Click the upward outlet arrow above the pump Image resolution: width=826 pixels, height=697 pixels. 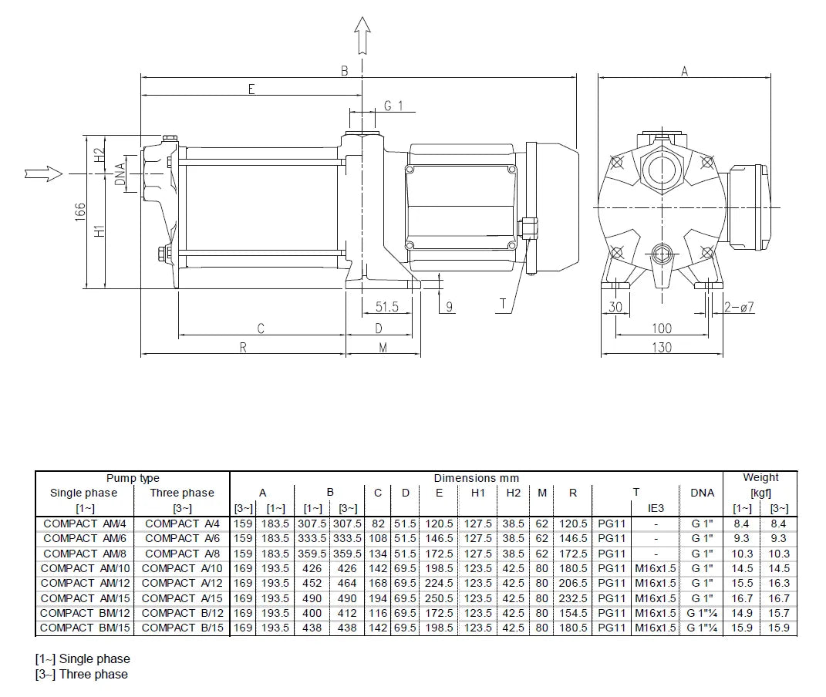coord(362,34)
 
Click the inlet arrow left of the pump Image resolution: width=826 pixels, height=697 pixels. coord(43,173)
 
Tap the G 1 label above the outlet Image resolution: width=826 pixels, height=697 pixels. coord(393,106)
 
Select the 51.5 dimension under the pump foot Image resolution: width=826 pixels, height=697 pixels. coord(386,307)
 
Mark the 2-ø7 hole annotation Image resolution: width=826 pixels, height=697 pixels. coord(739,307)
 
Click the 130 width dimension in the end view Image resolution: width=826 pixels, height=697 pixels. coord(661,347)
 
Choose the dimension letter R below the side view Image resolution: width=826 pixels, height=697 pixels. coord(243,348)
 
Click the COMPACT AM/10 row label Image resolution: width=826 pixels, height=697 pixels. coord(85,568)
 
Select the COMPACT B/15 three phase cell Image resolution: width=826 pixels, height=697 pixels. coord(181,628)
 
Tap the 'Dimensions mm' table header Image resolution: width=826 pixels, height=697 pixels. coord(476,478)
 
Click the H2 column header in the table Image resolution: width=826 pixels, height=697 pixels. coord(514,493)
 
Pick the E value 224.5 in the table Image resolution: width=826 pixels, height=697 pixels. coord(439,583)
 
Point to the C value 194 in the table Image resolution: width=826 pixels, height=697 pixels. coord(378,598)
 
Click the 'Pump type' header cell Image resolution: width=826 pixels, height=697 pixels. coord(133,478)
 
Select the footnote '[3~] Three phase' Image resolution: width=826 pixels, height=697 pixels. coord(82,674)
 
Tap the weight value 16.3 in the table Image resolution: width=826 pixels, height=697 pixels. coord(778,583)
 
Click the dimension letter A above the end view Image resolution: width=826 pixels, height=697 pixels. coord(684,71)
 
